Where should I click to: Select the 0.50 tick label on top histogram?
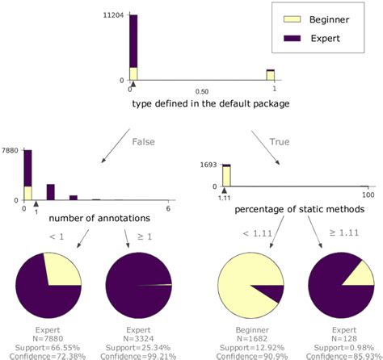tap(202, 91)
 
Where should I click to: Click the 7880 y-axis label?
tap(10, 150)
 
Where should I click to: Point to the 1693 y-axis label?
tap(208, 165)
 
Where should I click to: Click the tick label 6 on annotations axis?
tap(167, 209)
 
